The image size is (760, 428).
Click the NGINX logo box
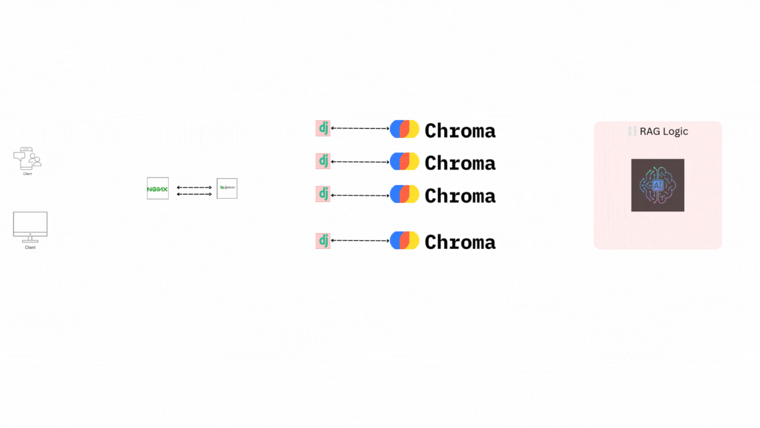158,188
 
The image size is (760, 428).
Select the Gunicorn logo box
227,188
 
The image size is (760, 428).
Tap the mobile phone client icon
27,159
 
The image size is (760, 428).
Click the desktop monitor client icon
30,225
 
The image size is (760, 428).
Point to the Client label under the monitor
30,248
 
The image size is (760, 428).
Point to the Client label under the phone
27,174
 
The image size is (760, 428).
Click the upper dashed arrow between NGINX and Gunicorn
194,188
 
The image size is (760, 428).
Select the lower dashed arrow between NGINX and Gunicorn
194,194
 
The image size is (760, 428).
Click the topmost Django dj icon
323,128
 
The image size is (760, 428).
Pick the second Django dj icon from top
323,160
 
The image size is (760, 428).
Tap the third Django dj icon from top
323,194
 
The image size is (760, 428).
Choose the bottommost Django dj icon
323,240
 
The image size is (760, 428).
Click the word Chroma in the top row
460,131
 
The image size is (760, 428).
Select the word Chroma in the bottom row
460,242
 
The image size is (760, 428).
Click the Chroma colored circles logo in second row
404,161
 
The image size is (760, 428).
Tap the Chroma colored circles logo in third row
404,194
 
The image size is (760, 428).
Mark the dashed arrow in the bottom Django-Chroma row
360,241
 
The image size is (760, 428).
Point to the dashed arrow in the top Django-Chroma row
360,128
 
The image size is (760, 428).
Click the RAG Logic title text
663,131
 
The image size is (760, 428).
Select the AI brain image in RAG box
657,185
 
